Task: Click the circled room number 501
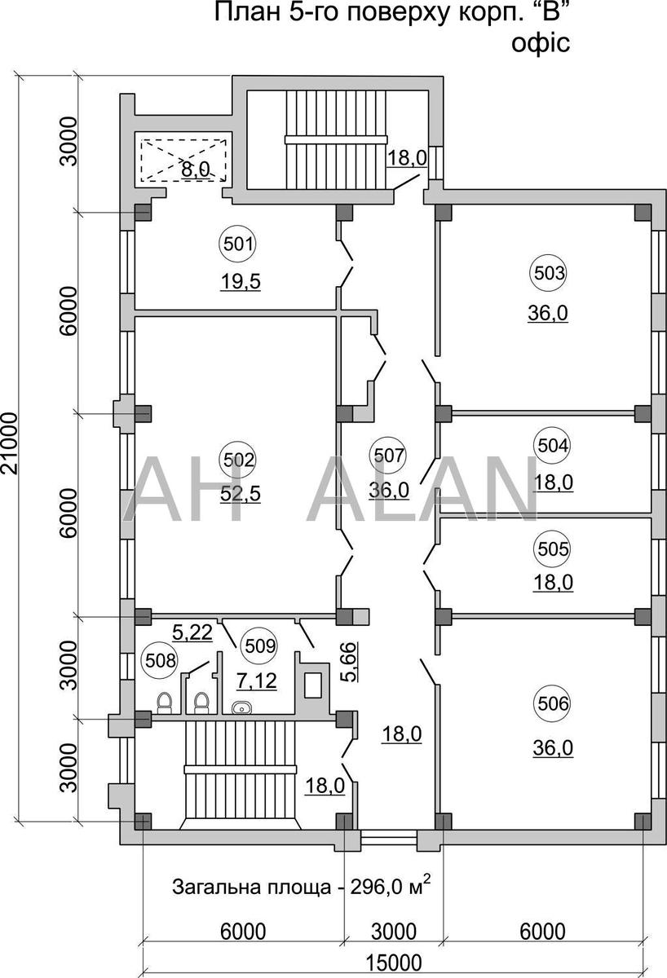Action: point(238,244)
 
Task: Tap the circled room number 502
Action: point(238,460)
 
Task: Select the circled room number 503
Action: point(549,274)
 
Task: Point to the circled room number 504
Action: point(553,446)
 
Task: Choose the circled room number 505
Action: point(553,549)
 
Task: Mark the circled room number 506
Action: point(553,704)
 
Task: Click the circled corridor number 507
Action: point(388,456)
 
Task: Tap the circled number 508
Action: point(161,661)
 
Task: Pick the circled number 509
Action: point(260,646)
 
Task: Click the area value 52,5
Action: point(241,495)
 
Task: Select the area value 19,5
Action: point(241,282)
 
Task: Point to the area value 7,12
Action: point(256,681)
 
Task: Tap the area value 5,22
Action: point(192,633)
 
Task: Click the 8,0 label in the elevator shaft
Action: point(196,169)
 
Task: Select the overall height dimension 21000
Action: point(10,443)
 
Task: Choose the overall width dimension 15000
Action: point(394,963)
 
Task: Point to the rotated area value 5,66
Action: point(349,662)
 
